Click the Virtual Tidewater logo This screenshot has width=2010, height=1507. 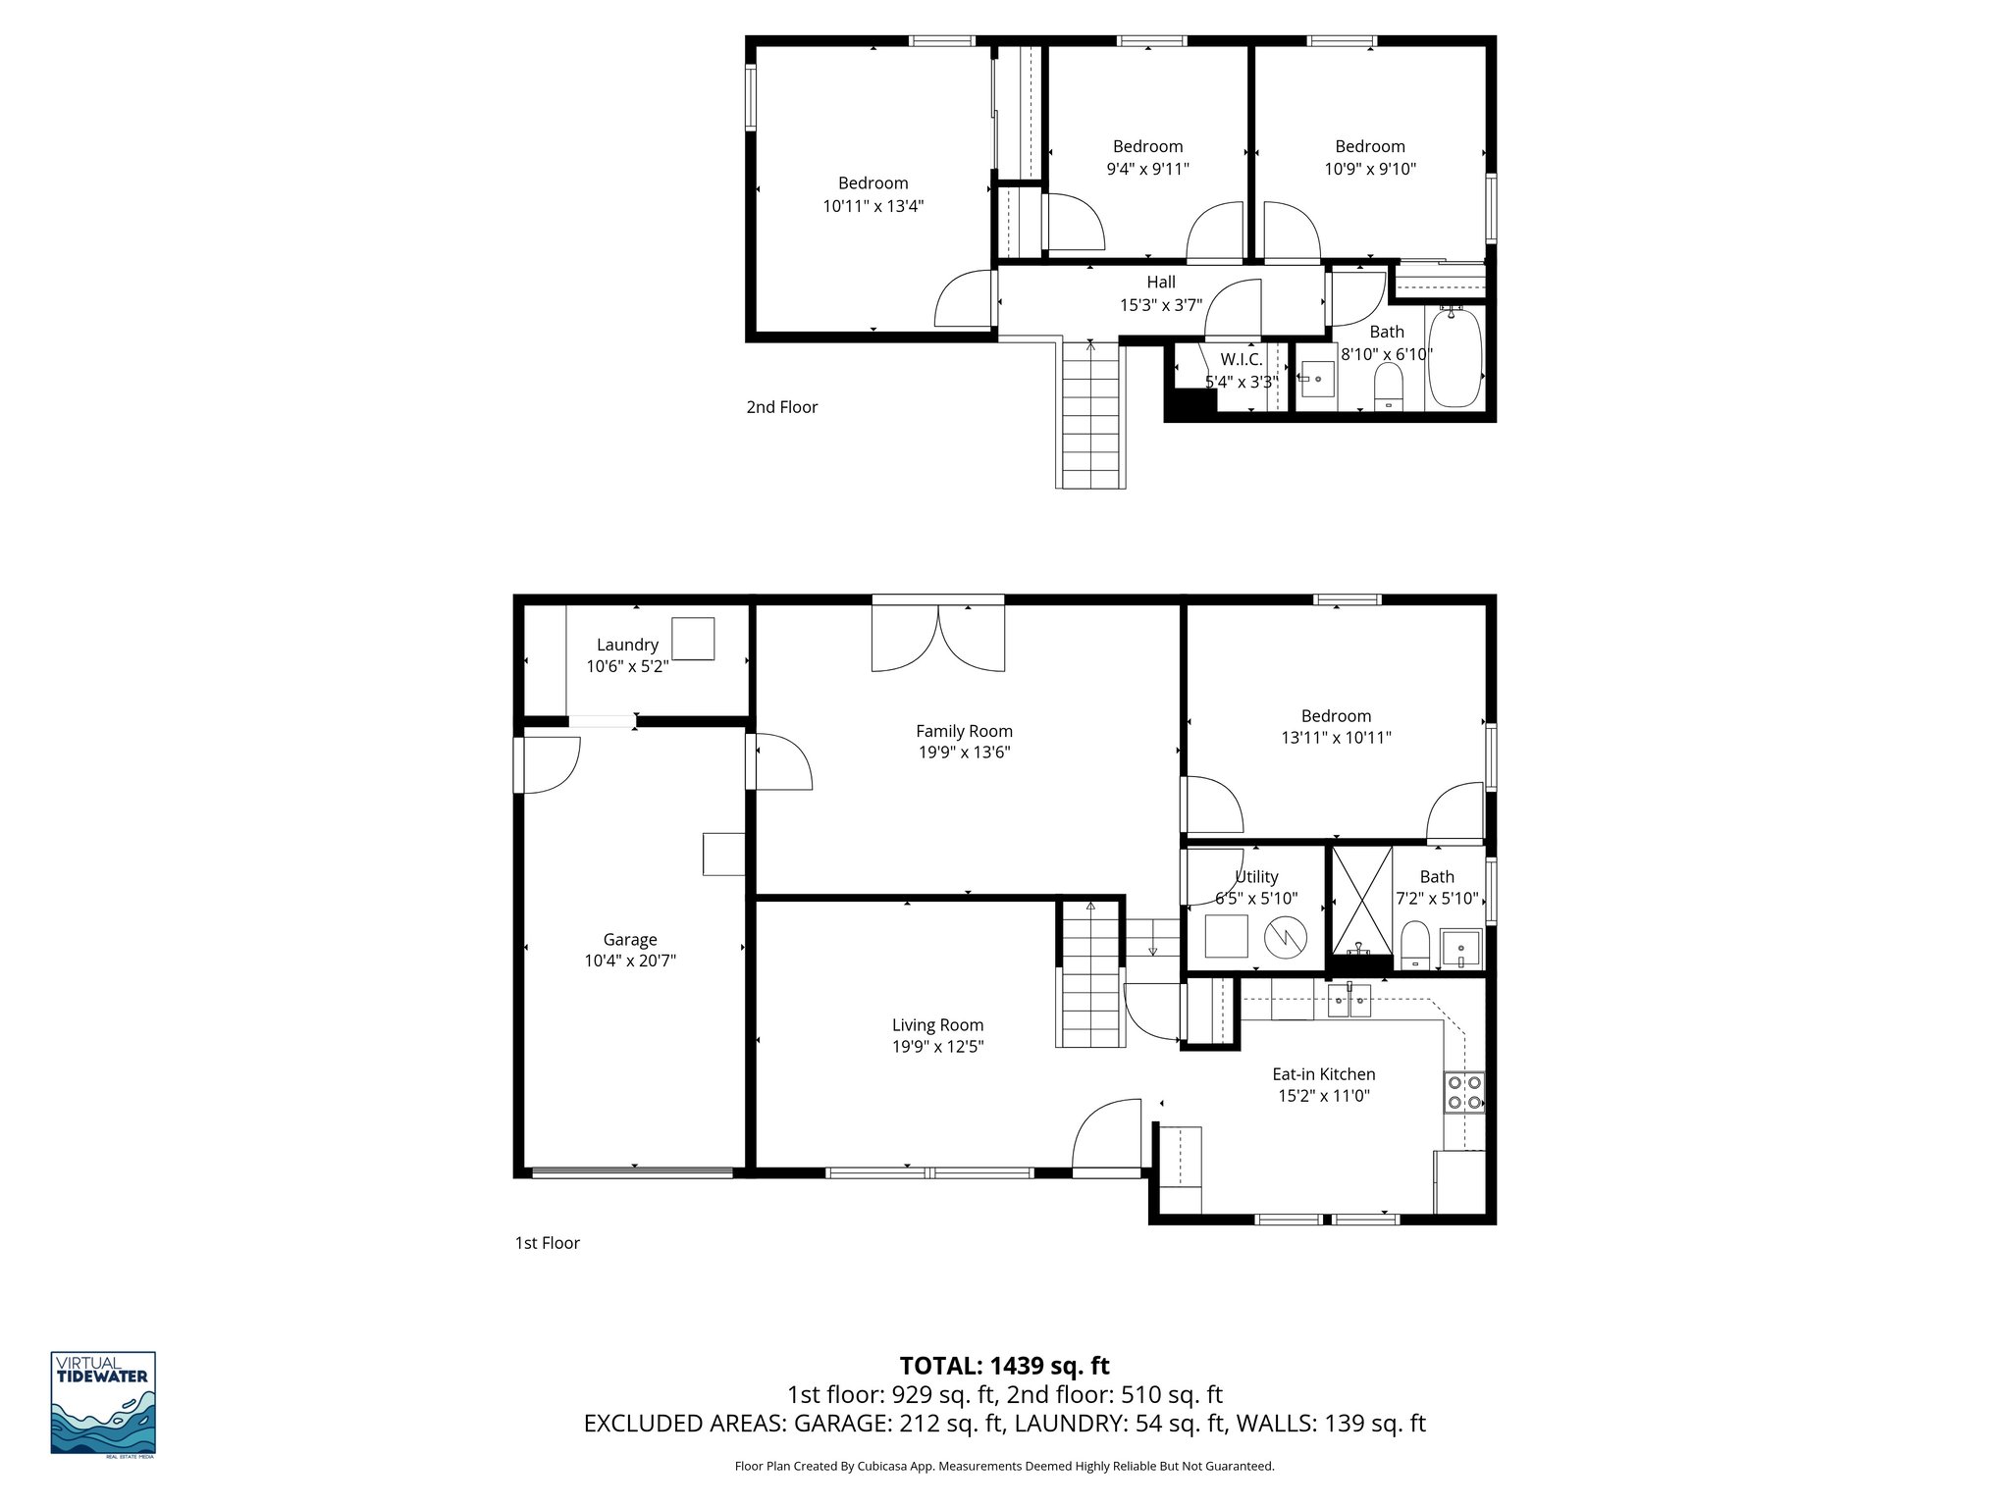click(103, 1403)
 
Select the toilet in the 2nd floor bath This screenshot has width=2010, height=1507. click(1388, 386)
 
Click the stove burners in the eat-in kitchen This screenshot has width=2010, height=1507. click(1463, 1092)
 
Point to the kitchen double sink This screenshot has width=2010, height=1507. click(1349, 1003)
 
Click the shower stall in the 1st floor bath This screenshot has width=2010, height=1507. click(1360, 900)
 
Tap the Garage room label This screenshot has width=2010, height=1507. click(630, 939)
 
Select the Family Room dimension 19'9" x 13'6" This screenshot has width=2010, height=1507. click(964, 753)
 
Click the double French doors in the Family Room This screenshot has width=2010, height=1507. click(938, 638)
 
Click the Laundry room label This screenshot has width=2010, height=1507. click(627, 645)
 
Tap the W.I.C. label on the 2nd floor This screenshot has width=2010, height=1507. click(1242, 359)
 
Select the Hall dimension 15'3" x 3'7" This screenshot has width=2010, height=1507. click(1161, 305)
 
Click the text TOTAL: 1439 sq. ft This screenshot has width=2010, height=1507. click(1004, 1366)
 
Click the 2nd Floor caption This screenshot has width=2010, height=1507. click(781, 407)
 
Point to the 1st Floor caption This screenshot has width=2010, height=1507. click(547, 1243)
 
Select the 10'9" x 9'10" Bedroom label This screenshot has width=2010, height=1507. click(1369, 169)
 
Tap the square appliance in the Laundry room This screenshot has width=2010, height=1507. click(692, 639)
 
